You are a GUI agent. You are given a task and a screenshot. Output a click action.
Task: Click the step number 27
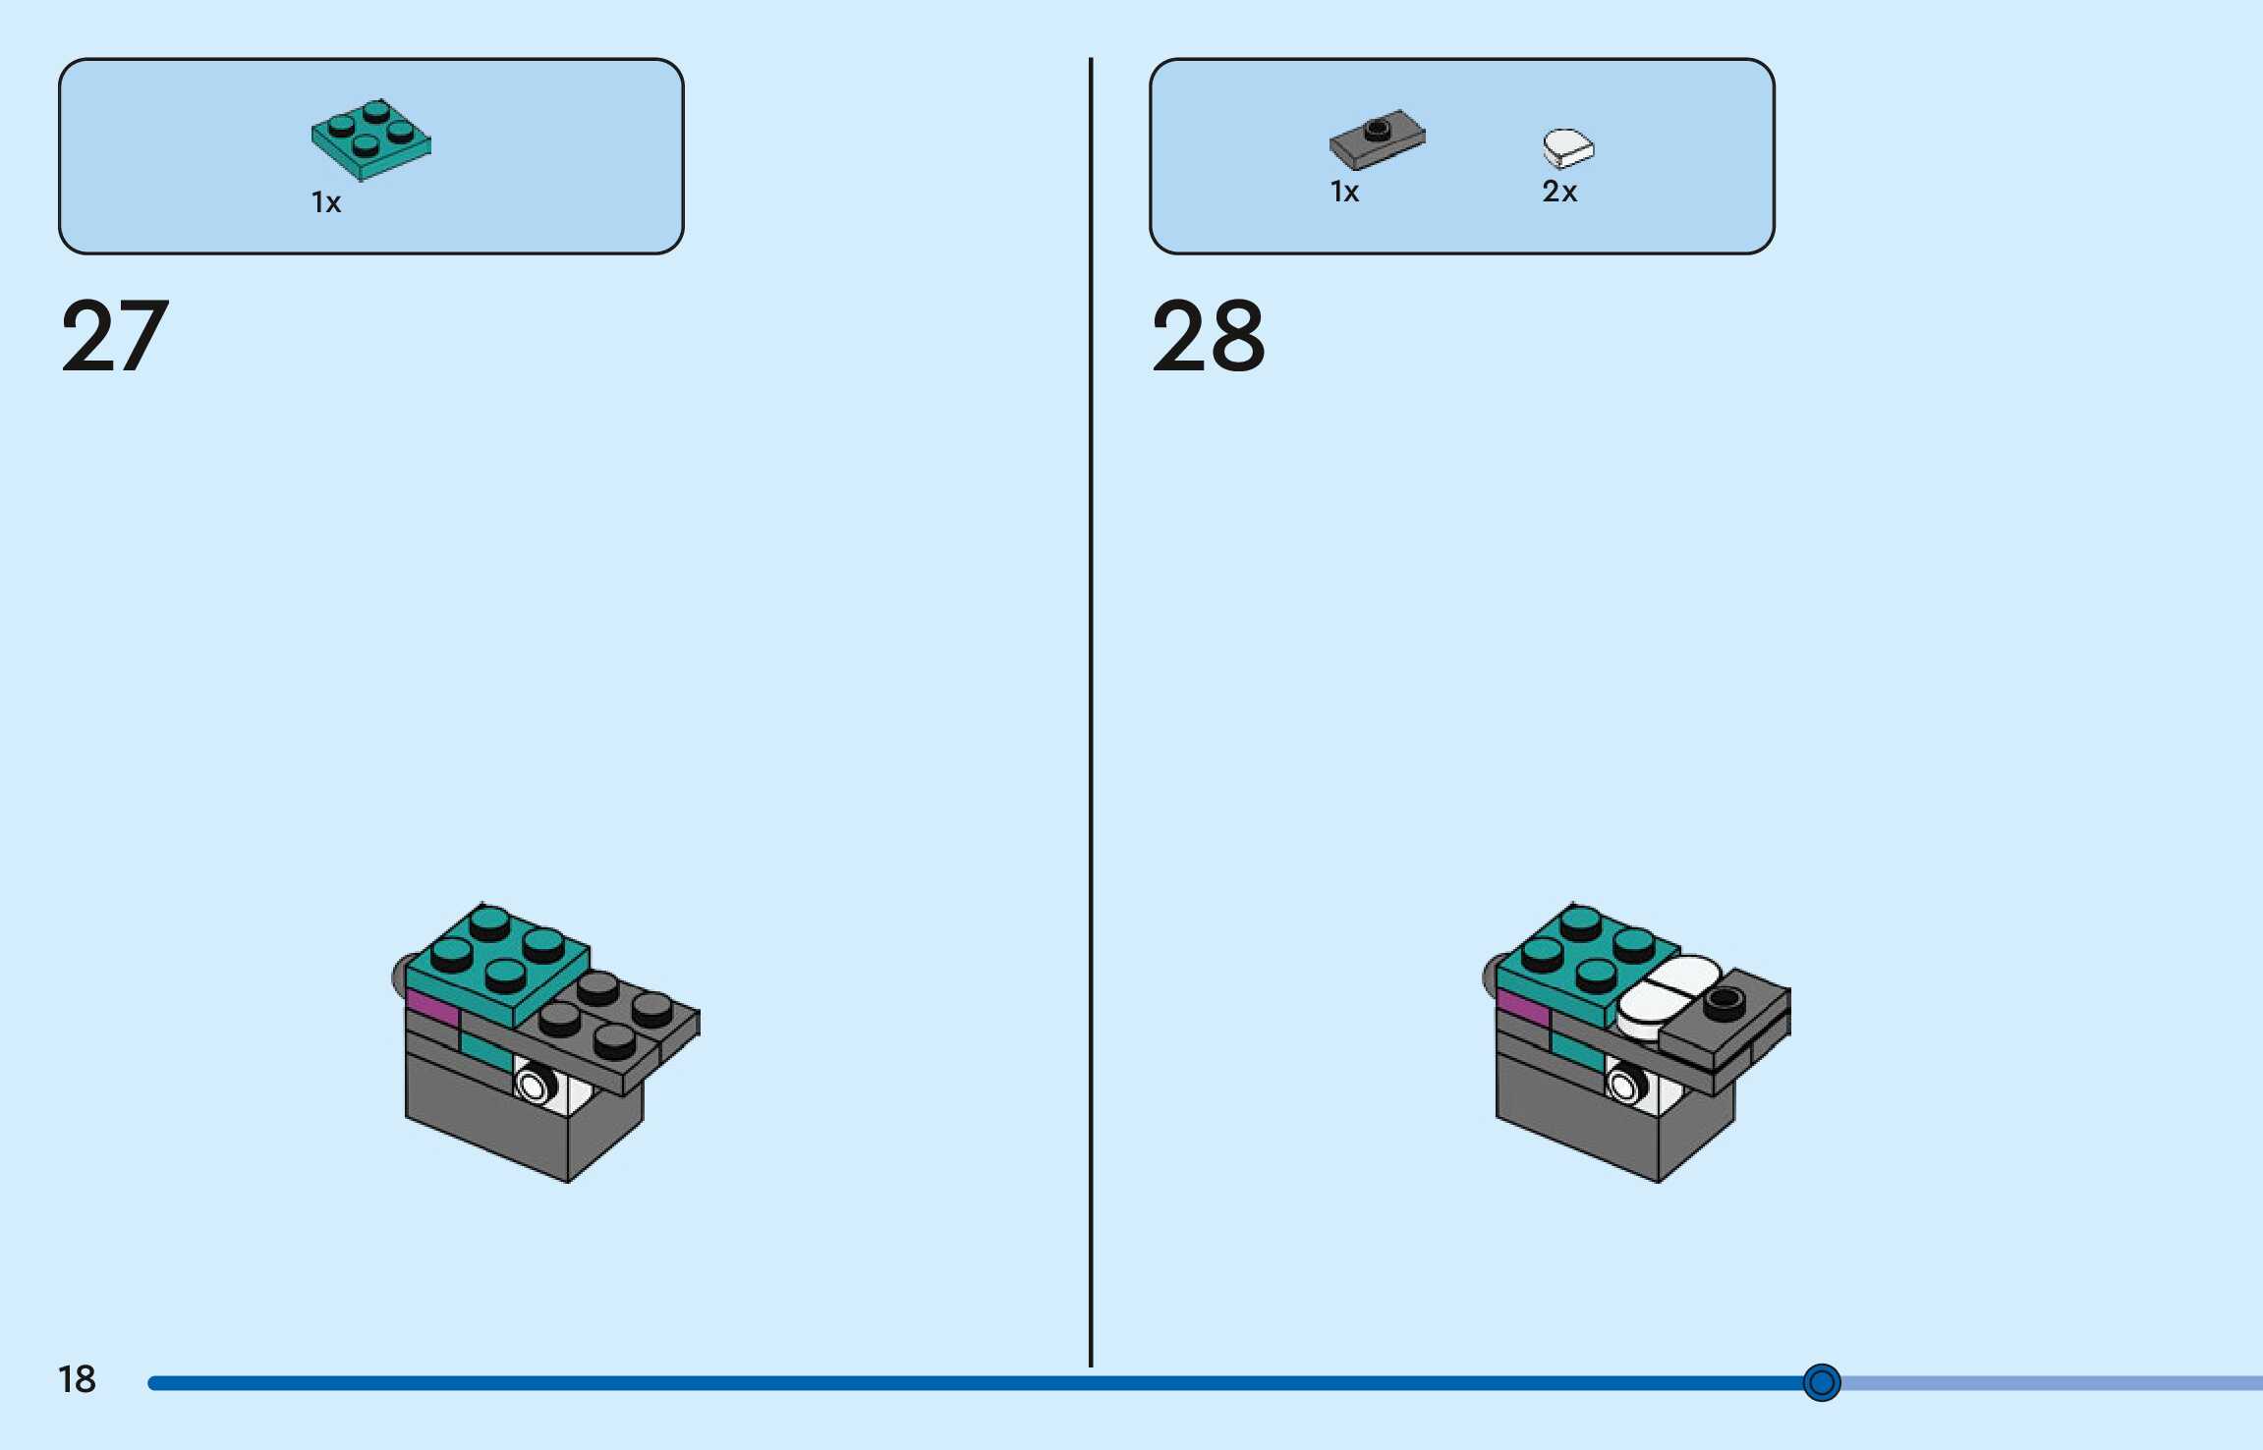coord(115,337)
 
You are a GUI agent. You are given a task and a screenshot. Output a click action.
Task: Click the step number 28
coord(1208,337)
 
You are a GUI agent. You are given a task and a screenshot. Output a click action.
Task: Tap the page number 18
coord(77,1379)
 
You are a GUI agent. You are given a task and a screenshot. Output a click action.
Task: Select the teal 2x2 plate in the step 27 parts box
coord(370,139)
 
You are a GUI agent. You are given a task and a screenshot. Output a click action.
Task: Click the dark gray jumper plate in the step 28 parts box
coord(1377,139)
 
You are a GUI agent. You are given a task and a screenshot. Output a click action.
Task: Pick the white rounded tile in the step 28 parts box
coord(1567,147)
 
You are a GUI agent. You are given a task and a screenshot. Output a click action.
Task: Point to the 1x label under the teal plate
coord(326,202)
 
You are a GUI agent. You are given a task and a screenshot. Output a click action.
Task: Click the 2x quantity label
coord(1559,192)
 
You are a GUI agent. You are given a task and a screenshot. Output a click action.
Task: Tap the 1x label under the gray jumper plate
coord(1344,192)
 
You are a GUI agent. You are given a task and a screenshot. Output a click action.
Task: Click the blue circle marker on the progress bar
coord(1821,1382)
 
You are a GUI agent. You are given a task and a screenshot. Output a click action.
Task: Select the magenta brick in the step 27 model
coord(431,1009)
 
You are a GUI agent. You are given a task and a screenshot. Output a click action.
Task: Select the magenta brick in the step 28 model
coord(1522,1008)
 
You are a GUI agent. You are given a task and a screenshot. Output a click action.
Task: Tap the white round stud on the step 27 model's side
coord(533,1087)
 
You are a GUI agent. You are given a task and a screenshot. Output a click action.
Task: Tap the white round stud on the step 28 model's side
coord(1623,1087)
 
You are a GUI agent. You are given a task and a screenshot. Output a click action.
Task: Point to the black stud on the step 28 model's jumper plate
coord(1724,1001)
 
